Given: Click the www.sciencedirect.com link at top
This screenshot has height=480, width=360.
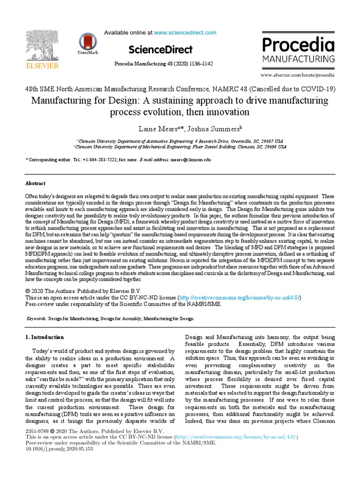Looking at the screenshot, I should [185, 33].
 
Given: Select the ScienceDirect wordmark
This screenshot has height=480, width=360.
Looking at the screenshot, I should [160, 49].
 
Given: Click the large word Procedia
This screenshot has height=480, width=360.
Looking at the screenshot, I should [298, 45].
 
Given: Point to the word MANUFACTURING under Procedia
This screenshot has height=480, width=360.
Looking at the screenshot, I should [298, 60].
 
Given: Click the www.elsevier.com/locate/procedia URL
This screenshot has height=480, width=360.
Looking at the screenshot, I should [298, 75].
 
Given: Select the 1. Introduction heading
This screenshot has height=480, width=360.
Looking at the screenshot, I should [45, 337].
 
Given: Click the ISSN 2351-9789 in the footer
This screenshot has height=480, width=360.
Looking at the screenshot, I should [37, 431].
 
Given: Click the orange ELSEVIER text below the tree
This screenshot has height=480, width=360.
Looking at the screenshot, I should [42, 66].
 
